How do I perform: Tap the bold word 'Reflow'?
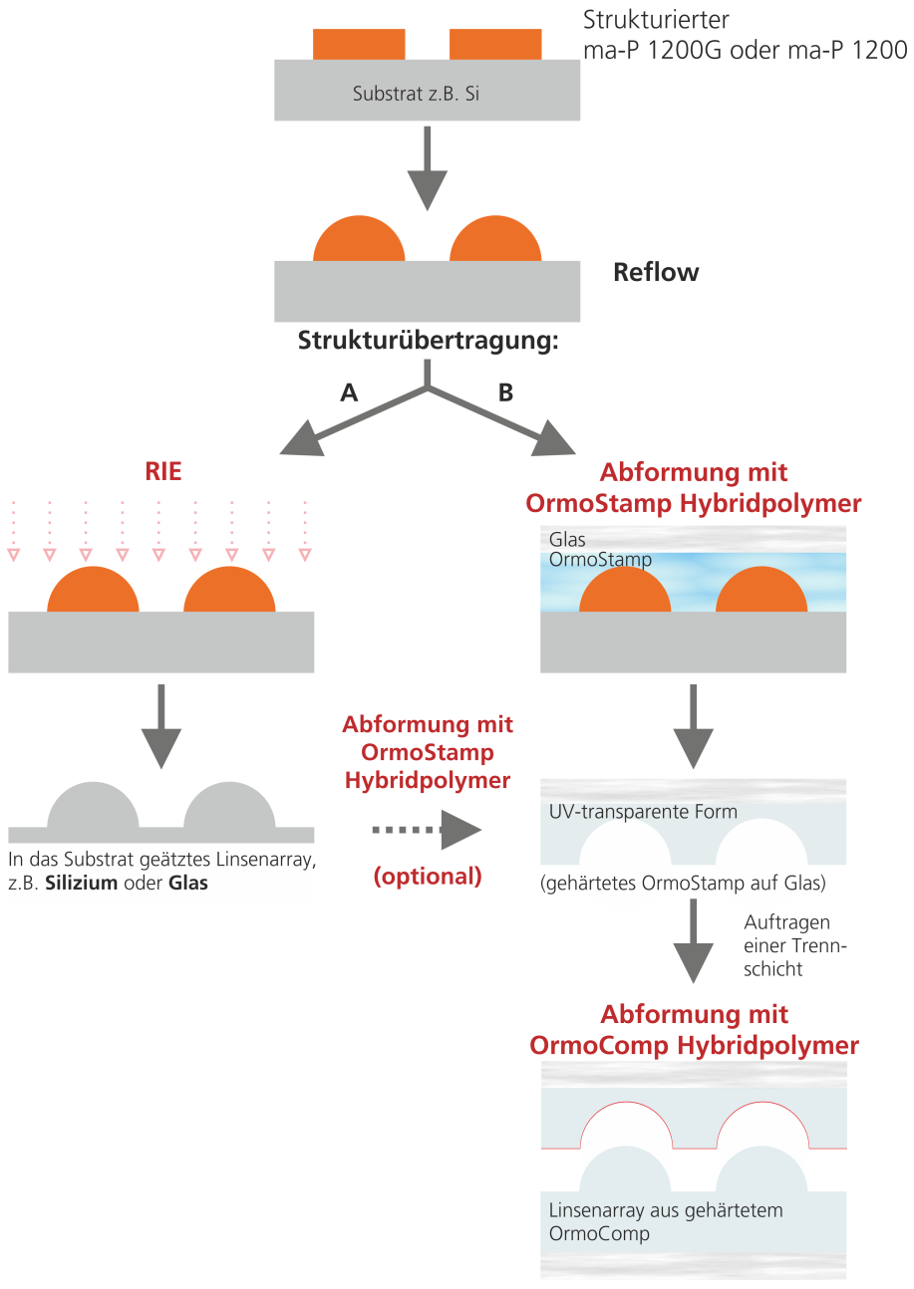[656, 272]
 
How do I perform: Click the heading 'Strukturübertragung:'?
[428, 341]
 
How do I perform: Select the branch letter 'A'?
[349, 392]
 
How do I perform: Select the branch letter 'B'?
[505, 392]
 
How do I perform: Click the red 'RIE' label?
[163, 471]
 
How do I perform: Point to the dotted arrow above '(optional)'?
[427, 830]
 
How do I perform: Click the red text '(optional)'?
[428, 877]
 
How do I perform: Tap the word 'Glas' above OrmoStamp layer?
[567, 540]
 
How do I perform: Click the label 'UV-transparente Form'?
[643, 811]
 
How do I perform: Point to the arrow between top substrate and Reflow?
[428, 166]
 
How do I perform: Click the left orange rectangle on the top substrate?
[359, 45]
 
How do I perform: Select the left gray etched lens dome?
[93, 807]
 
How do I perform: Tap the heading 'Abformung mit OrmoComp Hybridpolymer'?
[694, 1030]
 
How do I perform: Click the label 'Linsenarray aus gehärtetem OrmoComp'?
[666, 1222]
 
